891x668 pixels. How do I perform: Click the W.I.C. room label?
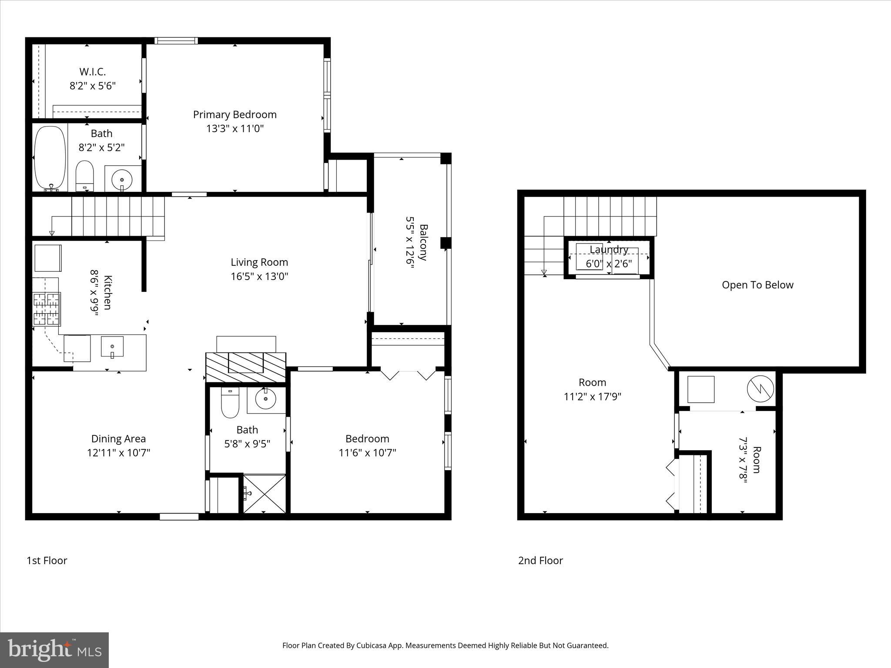92,72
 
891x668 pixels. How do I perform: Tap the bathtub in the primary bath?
50,158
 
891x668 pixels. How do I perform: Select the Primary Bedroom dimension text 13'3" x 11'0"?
235,129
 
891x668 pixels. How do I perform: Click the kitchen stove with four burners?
47,309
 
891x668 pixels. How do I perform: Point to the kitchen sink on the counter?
112,347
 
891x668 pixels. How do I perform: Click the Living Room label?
259,262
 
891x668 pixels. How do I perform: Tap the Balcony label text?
423,242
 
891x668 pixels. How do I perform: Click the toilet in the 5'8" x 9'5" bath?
230,403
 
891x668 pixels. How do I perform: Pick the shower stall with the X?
264,494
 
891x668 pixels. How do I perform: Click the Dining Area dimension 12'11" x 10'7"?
118,453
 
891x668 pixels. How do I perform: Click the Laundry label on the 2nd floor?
609,250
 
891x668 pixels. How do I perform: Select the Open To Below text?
757,285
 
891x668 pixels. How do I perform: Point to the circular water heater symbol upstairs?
760,388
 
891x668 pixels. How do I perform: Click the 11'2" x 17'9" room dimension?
592,397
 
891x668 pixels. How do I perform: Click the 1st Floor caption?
47,561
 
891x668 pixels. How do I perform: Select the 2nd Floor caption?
540,561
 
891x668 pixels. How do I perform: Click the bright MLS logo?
54,650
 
